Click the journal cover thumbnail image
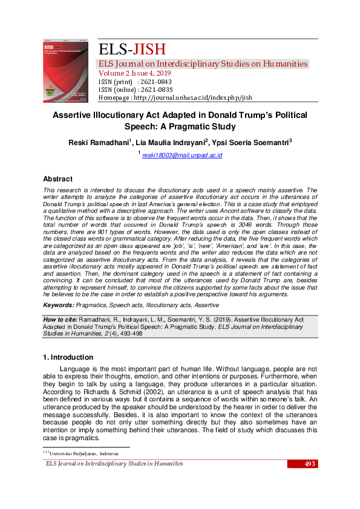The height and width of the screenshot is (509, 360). point(66,71)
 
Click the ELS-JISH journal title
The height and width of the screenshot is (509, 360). point(132,50)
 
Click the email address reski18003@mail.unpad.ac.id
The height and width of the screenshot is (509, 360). point(182,156)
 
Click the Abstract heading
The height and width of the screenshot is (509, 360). point(57,179)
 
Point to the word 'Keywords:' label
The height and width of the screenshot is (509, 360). point(59,306)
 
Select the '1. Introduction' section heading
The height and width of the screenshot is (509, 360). point(68,357)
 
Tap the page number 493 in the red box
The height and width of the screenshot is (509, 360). point(310,464)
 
